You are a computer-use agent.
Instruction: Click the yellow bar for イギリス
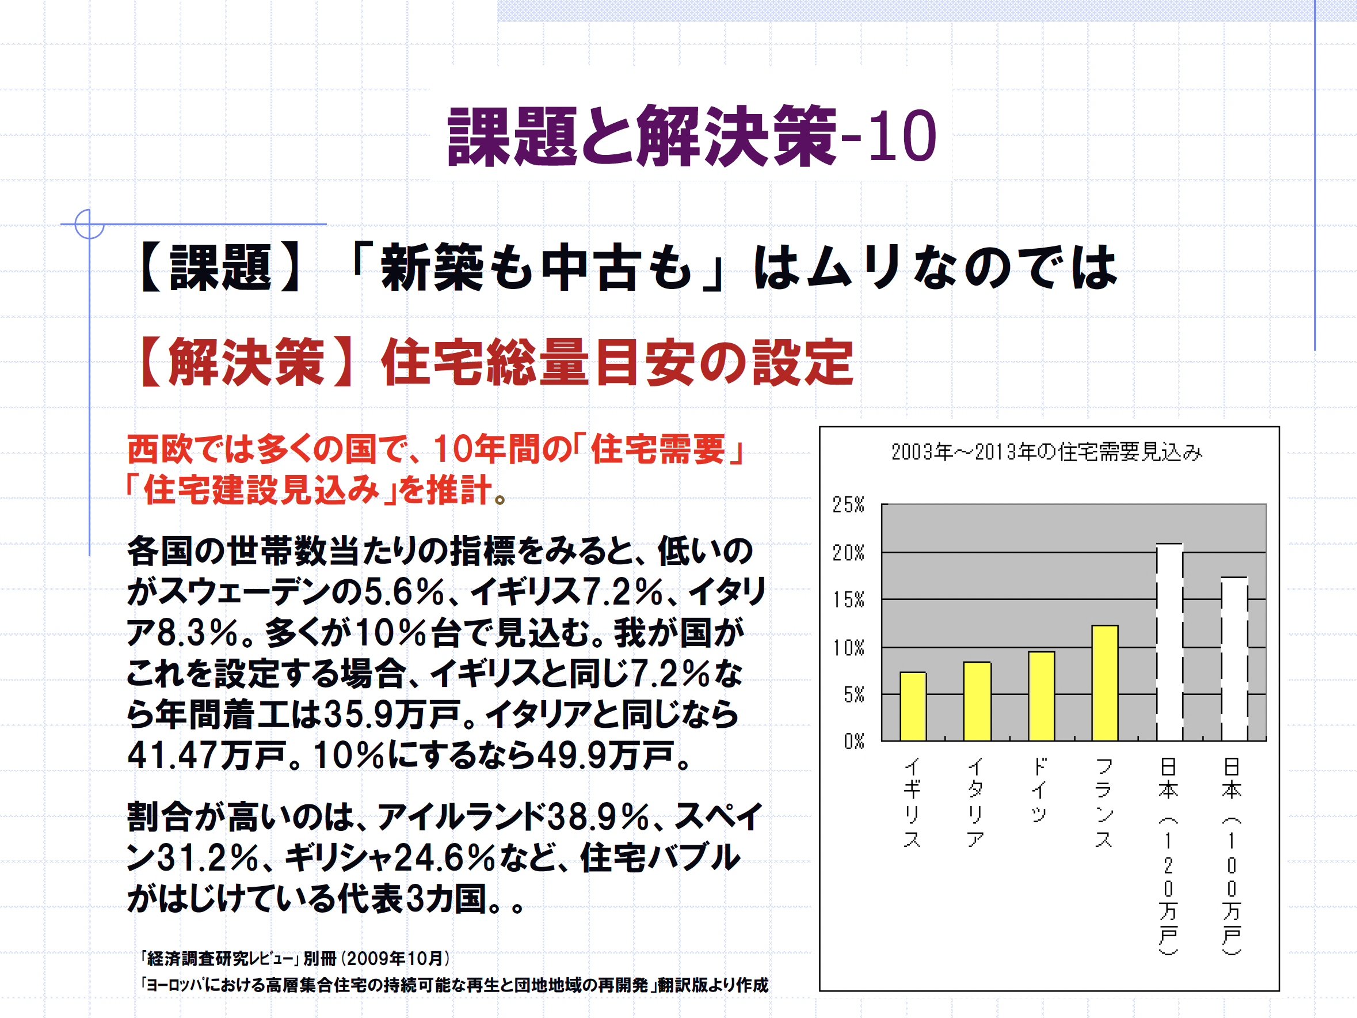(x=913, y=706)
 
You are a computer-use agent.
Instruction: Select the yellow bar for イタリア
(x=977, y=701)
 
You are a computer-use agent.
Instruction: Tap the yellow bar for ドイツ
(x=1041, y=696)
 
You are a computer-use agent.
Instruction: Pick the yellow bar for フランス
(x=1105, y=683)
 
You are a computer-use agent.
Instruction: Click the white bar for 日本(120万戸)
(x=1169, y=642)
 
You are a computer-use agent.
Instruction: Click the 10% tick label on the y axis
(x=848, y=647)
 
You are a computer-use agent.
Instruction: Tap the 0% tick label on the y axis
(x=853, y=741)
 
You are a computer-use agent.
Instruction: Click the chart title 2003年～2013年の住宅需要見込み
(x=1046, y=452)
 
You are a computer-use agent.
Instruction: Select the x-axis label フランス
(x=1104, y=802)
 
